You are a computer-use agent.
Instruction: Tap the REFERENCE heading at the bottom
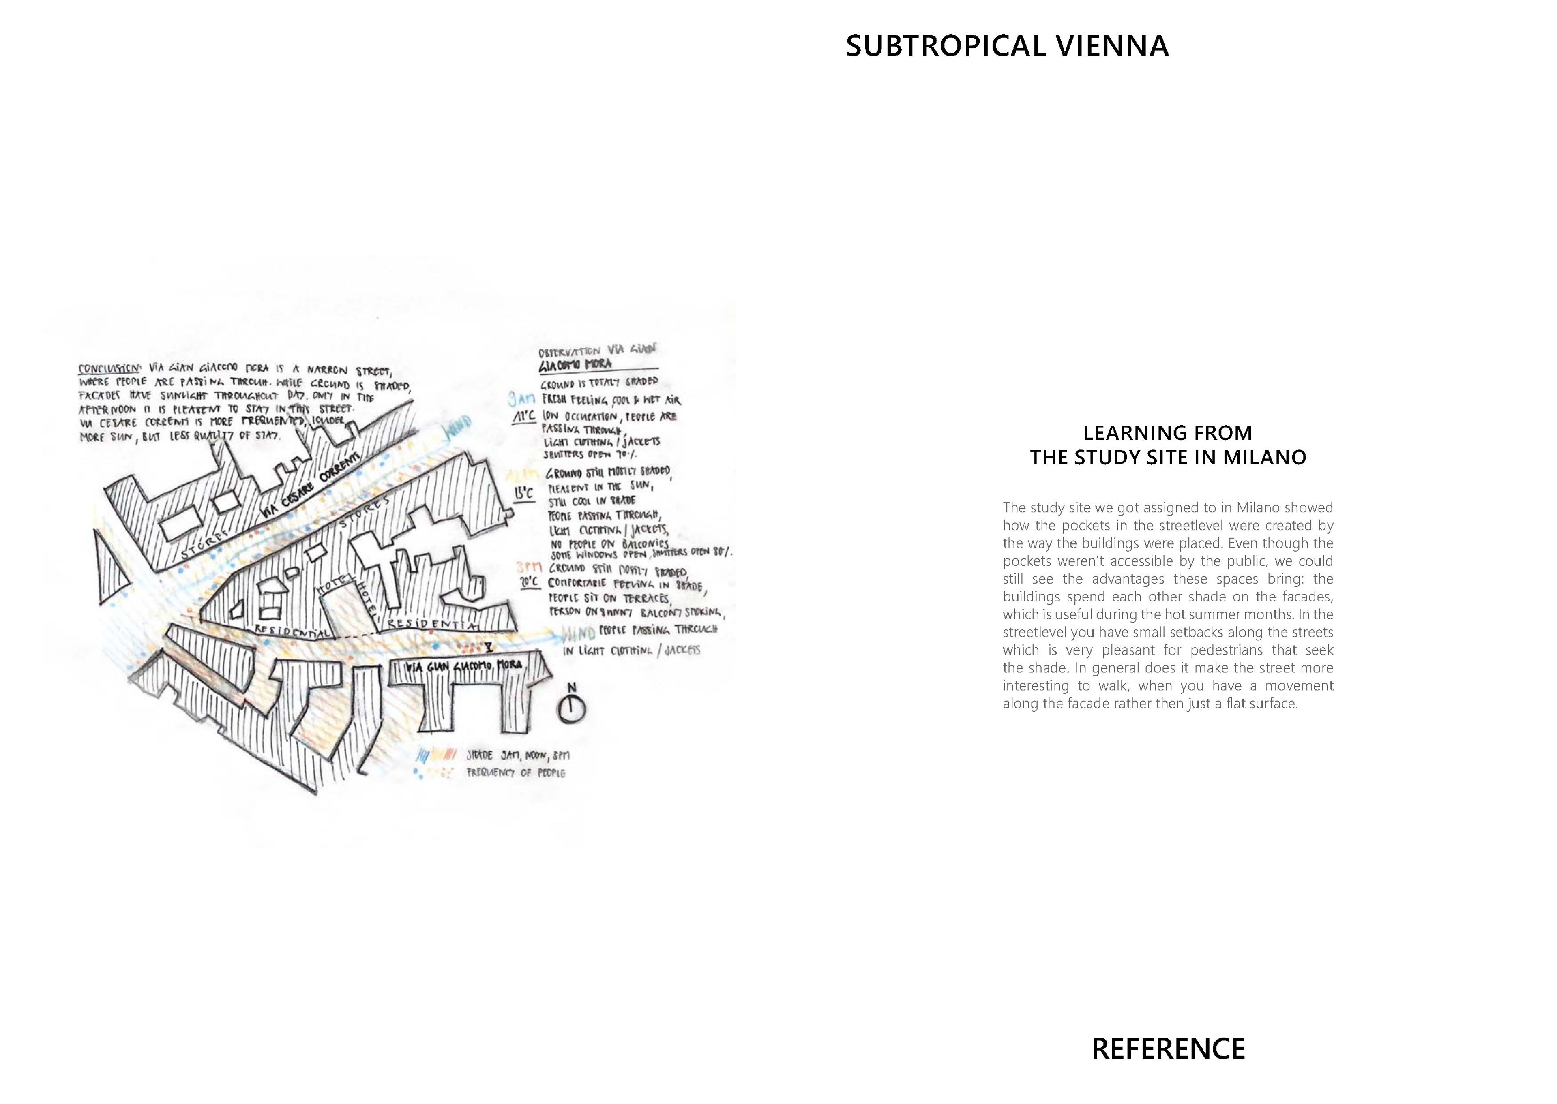click(1167, 1049)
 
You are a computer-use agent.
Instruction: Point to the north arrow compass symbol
click(571, 708)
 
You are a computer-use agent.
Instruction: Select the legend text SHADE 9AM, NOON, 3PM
click(517, 755)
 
